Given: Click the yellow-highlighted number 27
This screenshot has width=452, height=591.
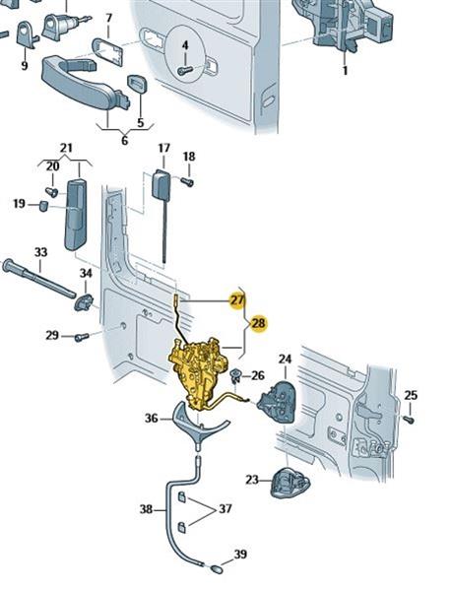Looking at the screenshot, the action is [237, 300].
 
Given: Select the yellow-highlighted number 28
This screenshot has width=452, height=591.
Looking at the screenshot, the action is [259, 323].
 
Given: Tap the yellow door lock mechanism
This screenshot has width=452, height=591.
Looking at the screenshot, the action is [199, 372].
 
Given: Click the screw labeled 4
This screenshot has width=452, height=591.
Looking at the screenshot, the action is [184, 70].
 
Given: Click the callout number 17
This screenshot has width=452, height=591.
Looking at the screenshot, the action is [163, 148].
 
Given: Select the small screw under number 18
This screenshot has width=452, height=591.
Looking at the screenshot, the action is [187, 182].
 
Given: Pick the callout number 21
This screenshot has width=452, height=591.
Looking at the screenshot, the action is [66, 148].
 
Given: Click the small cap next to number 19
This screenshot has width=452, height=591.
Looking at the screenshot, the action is [44, 206].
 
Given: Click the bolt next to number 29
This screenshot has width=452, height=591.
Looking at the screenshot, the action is [82, 337].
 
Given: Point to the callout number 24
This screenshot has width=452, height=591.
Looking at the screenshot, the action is [286, 359].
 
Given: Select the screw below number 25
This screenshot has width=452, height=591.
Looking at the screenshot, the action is [409, 420].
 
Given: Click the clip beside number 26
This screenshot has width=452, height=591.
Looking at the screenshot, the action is [235, 375].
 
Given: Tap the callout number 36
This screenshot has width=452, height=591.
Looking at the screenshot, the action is [153, 419].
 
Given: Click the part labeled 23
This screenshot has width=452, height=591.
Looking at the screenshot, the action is [291, 484].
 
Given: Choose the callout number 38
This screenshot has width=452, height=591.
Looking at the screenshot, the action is [146, 509].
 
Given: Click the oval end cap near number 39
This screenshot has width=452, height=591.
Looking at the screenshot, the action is [216, 568].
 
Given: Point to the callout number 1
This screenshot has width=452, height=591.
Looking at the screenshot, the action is [345, 71].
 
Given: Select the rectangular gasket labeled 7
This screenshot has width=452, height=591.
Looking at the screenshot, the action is [107, 52].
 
